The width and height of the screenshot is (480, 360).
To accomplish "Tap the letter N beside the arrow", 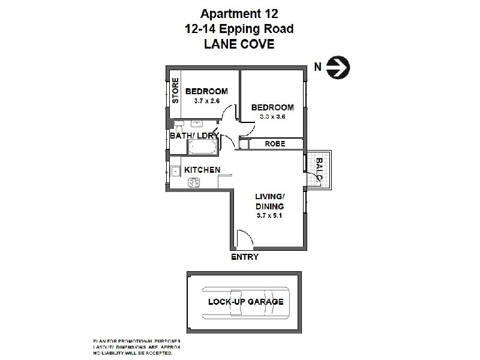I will tap(318, 67).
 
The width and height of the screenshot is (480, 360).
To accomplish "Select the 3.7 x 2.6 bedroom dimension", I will tap(207, 101).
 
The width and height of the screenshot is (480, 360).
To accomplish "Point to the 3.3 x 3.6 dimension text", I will tap(272, 117).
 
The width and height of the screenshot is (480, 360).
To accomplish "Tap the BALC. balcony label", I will tap(319, 170).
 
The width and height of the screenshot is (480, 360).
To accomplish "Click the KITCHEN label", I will tap(202, 170).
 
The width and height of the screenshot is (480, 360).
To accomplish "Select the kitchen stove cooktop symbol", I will tap(193, 183).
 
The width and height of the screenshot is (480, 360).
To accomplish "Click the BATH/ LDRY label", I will tap(194, 136).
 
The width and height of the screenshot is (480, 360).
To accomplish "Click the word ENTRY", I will tap(244, 257).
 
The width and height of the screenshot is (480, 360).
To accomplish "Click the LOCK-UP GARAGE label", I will tap(245, 302).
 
